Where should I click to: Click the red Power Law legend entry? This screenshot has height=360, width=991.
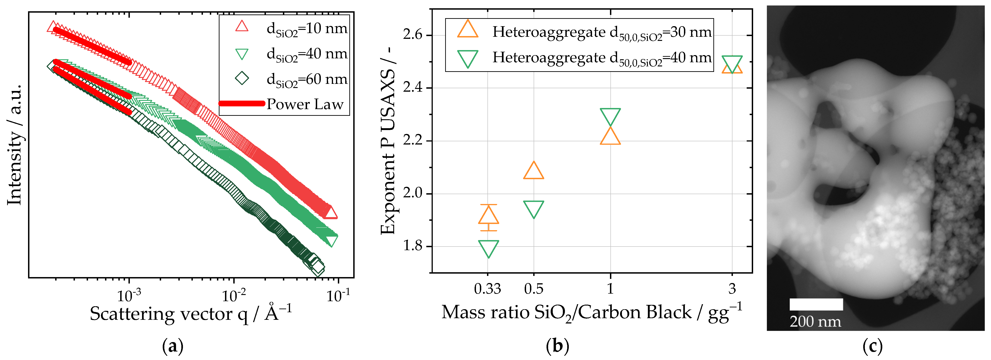[283, 104]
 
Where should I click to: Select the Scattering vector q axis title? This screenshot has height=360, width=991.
[191, 313]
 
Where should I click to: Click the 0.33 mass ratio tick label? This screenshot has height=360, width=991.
[487, 289]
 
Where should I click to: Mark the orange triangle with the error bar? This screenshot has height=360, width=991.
[488, 216]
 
